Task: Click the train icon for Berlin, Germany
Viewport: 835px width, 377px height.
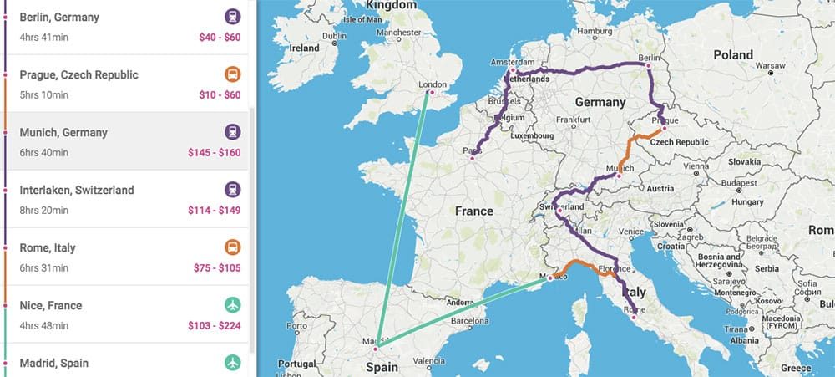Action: [x=232, y=17]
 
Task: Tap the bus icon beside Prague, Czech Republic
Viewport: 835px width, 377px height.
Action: [x=232, y=74]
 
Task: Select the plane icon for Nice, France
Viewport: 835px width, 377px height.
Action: [x=232, y=306]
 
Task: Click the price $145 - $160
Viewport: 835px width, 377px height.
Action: [x=214, y=153]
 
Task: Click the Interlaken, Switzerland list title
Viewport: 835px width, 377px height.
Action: [x=76, y=191]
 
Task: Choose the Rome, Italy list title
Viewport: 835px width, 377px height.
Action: [x=47, y=248]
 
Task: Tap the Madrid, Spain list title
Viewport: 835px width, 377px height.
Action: [x=53, y=364]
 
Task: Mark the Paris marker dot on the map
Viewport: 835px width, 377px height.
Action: [x=473, y=157]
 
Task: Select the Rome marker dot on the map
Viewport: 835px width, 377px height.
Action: [x=634, y=318]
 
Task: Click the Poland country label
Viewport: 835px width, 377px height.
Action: [x=733, y=54]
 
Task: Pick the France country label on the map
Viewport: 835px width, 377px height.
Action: [x=474, y=211]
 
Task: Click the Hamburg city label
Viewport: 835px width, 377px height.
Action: [x=595, y=32]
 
